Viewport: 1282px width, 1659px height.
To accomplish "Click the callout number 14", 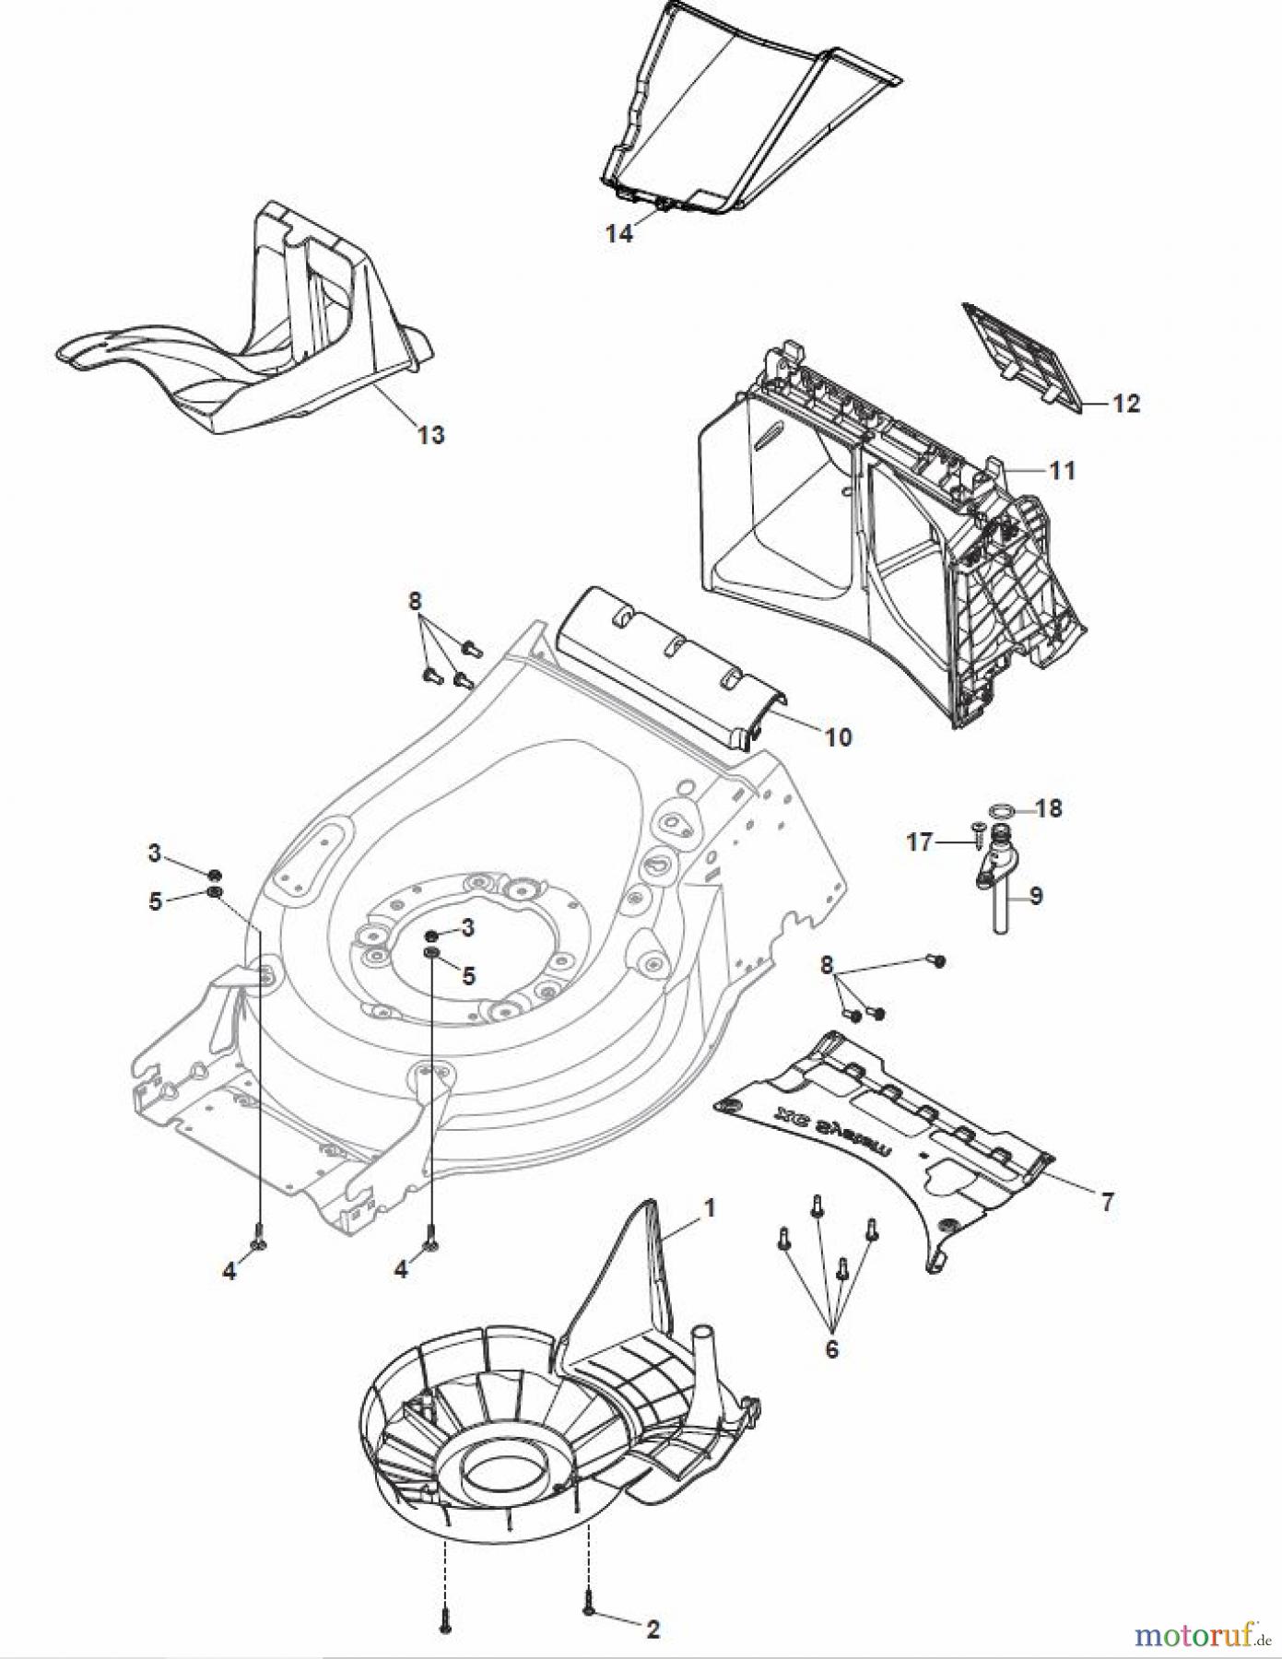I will [619, 234].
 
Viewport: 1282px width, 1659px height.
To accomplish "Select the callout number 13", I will [431, 434].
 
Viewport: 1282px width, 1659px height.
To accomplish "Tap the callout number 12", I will [1125, 404].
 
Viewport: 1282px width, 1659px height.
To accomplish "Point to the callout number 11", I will [1063, 470].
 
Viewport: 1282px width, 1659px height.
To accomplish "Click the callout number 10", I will [838, 736].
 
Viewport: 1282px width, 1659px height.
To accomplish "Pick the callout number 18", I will [1049, 808].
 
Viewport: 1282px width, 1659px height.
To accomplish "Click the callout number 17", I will [919, 841].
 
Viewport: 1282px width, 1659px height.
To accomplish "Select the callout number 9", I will [1036, 895].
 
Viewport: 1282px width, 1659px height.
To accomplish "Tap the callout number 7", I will [1107, 1201].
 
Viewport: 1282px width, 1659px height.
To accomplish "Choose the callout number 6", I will [831, 1348].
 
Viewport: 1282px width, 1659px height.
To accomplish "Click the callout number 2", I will [653, 1629].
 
